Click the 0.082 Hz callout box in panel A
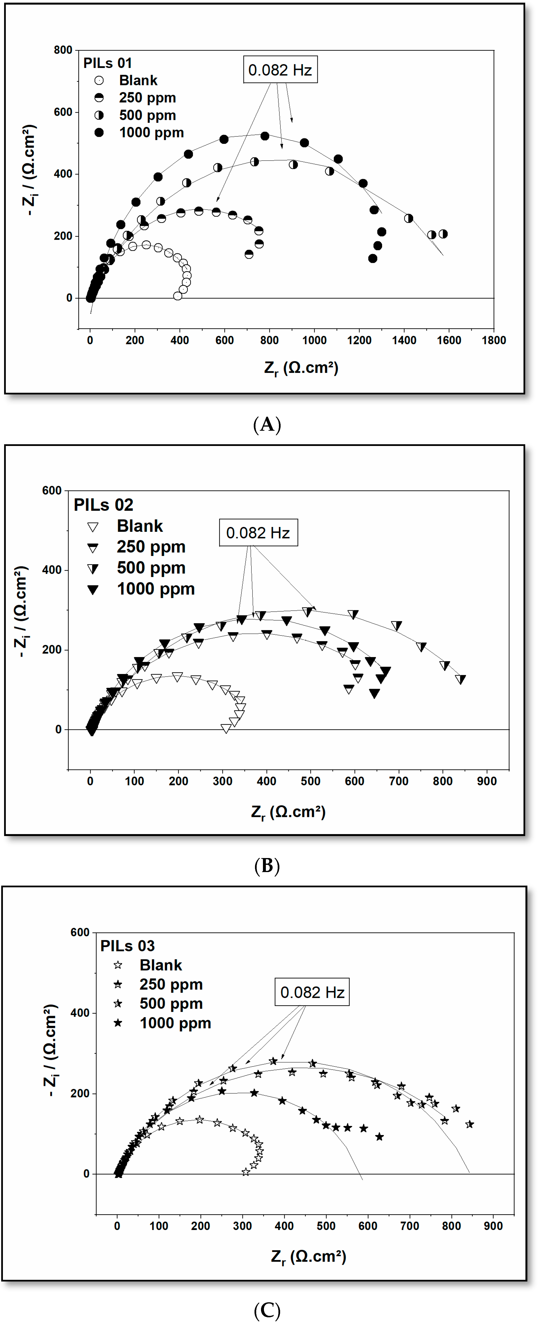point(280,70)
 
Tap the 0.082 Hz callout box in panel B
point(258,533)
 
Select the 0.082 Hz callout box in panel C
point(312,992)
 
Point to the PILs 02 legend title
point(103,505)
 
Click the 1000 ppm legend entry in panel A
point(151,133)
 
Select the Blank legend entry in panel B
point(139,526)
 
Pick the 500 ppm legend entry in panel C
point(171,1004)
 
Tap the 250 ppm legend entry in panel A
point(147,98)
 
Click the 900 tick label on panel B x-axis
point(487,781)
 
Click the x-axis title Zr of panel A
point(301,368)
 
